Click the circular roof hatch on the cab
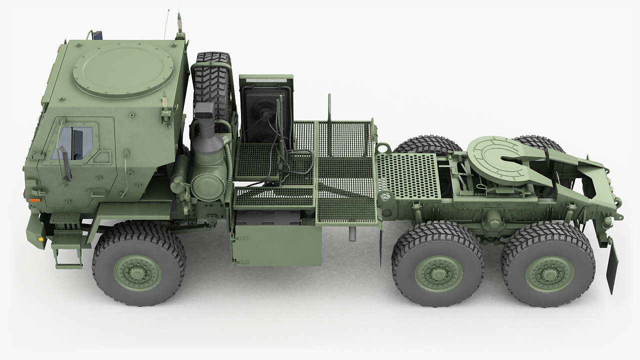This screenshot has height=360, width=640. point(123,70)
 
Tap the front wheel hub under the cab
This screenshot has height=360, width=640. point(137,272)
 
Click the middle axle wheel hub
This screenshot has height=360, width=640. point(438,273)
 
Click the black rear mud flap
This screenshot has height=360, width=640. point(612,265)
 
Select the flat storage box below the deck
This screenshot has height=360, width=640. point(277,245)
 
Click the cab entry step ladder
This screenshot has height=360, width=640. point(65,250)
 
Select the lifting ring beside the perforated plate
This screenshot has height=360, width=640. point(383,148)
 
